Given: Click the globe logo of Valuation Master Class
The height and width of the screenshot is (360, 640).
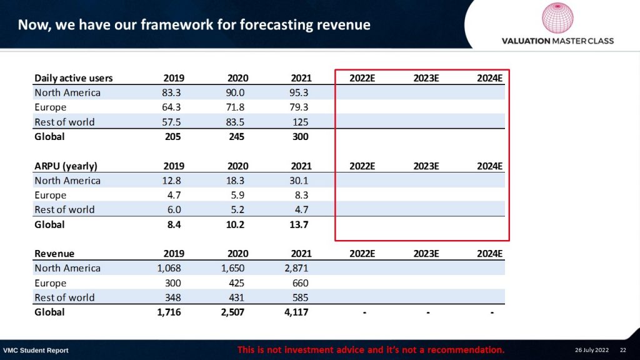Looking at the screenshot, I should tap(557, 18).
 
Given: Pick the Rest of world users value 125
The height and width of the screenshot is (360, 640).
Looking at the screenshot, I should tap(301, 122).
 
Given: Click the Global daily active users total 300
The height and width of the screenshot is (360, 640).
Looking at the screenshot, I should tap(300, 136).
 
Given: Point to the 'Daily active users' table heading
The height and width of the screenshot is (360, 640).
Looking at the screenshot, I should tap(73, 78).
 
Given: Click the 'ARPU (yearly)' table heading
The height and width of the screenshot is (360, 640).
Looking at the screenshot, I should tap(66, 166).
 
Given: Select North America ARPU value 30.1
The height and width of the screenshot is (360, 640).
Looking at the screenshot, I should tap(298, 181).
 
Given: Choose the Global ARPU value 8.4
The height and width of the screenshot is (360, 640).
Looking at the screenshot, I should tap(173, 224).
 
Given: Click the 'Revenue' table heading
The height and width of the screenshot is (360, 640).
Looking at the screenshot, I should tap(54, 254).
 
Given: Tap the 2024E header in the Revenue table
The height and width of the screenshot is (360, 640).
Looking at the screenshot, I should tap(489, 254).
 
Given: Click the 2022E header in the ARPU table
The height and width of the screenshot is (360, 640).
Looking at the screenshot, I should tap(362, 166).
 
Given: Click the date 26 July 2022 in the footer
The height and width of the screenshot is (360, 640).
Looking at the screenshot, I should tap(591, 350).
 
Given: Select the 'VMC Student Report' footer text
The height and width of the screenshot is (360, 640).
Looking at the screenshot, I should tap(36, 350).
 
